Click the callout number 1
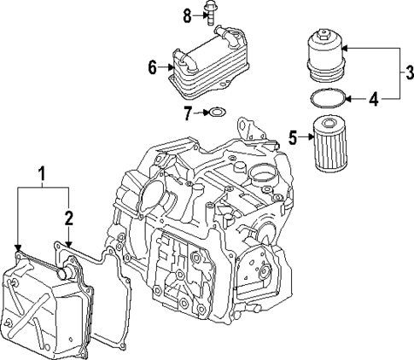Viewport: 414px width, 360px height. coord(41,177)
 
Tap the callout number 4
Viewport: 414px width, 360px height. coord(373,100)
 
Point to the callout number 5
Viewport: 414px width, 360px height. coord(293,136)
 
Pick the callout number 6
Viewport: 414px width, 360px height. coord(152,66)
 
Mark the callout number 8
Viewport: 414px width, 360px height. coord(188,14)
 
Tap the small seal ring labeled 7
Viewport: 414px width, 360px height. coord(217,111)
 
